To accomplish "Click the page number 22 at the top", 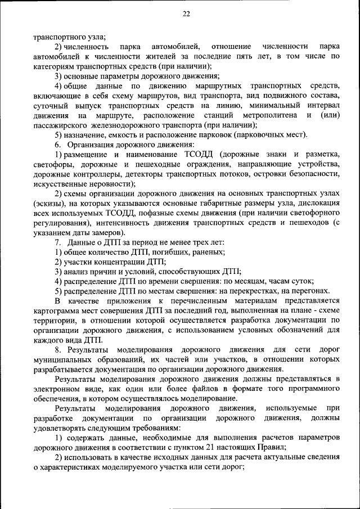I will click(186, 14).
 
